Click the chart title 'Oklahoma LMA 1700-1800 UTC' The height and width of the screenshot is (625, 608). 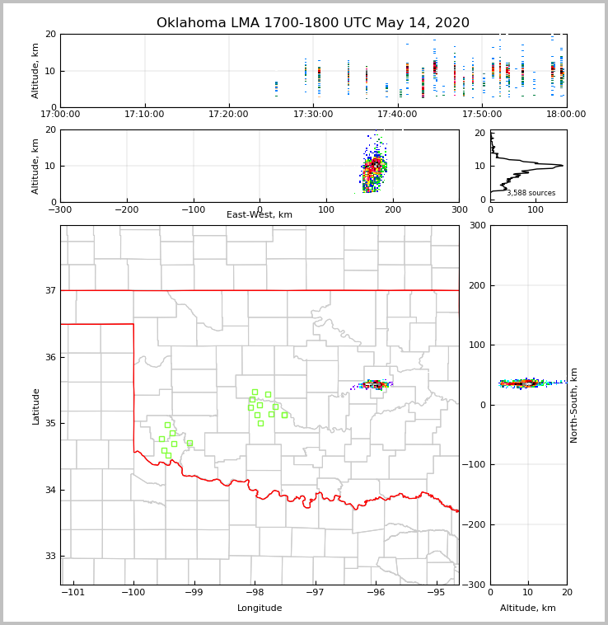coord(313,23)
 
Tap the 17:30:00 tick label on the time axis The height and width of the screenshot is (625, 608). coord(313,115)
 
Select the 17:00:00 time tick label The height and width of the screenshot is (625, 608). coord(61,115)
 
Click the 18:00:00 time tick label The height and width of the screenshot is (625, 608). coord(566,115)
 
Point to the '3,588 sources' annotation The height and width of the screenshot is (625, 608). coord(531,193)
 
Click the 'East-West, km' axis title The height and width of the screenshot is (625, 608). coord(260,215)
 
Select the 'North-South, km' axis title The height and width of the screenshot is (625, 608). coord(574,405)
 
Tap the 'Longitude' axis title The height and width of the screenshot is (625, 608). coord(260,609)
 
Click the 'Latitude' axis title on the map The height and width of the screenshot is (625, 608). coord(36,406)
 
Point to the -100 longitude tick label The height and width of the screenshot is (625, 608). coord(133,593)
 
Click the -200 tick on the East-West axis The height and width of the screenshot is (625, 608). coord(127,209)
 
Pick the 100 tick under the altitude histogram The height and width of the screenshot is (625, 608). coord(536,209)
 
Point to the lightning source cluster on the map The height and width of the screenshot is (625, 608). coord(376,384)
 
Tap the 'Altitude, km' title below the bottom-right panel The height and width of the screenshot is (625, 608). coord(528,609)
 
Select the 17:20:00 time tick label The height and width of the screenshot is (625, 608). coord(229,115)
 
